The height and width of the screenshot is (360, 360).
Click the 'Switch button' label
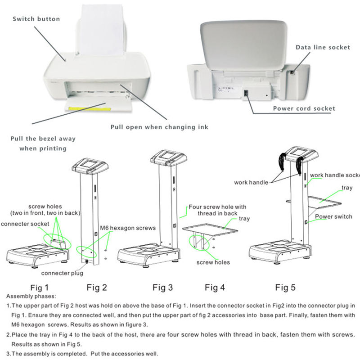(36, 19)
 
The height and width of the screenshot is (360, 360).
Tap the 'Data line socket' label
(323, 47)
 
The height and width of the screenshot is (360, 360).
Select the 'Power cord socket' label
(304, 108)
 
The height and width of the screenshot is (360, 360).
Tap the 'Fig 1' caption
(39, 287)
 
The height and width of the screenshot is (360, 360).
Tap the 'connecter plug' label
(62, 273)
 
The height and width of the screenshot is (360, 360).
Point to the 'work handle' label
(251, 182)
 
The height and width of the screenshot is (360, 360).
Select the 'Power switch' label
(333, 216)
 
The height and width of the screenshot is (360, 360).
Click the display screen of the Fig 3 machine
(168, 157)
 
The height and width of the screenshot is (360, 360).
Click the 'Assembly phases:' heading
(31, 297)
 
